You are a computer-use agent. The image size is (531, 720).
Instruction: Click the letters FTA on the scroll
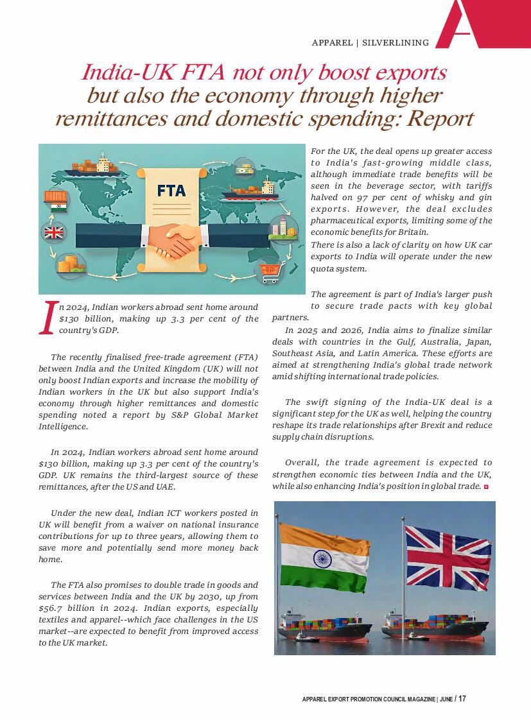pyautogui.click(x=171, y=191)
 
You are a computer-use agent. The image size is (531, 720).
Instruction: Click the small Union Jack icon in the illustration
pyautogui.click(x=54, y=232)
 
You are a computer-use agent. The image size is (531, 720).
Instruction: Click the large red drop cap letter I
pyautogui.click(x=45, y=318)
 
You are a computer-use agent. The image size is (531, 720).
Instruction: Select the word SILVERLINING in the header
pyautogui.click(x=395, y=43)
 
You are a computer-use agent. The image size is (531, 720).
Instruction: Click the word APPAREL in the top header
pyautogui.click(x=332, y=43)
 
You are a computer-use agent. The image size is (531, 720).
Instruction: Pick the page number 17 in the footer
pyautogui.click(x=462, y=699)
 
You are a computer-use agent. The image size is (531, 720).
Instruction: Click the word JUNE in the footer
pyautogui.click(x=446, y=699)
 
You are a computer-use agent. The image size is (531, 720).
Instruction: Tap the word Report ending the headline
pyautogui.click(x=440, y=118)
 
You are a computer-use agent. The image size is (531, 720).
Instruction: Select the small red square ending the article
pyautogui.click(x=486, y=487)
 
